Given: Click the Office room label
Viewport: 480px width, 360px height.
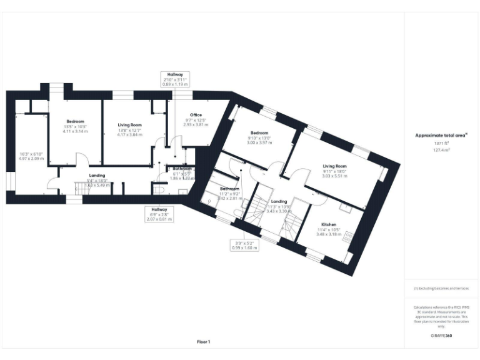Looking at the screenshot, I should (196, 115).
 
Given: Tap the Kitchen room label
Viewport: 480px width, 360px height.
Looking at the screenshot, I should (329, 224).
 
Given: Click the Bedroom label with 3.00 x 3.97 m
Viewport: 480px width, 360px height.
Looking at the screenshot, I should (259, 133).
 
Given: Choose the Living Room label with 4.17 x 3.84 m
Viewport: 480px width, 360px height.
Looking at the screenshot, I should (129, 125).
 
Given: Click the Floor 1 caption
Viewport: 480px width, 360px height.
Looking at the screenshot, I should (203, 342).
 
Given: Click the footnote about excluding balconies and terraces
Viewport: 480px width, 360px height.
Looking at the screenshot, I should (441, 288).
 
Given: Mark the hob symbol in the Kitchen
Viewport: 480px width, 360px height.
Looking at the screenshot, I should (349, 237).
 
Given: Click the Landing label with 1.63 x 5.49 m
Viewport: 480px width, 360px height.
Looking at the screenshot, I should (97, 176).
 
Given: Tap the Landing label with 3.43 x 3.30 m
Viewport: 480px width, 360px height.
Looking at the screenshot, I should (279, 202).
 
